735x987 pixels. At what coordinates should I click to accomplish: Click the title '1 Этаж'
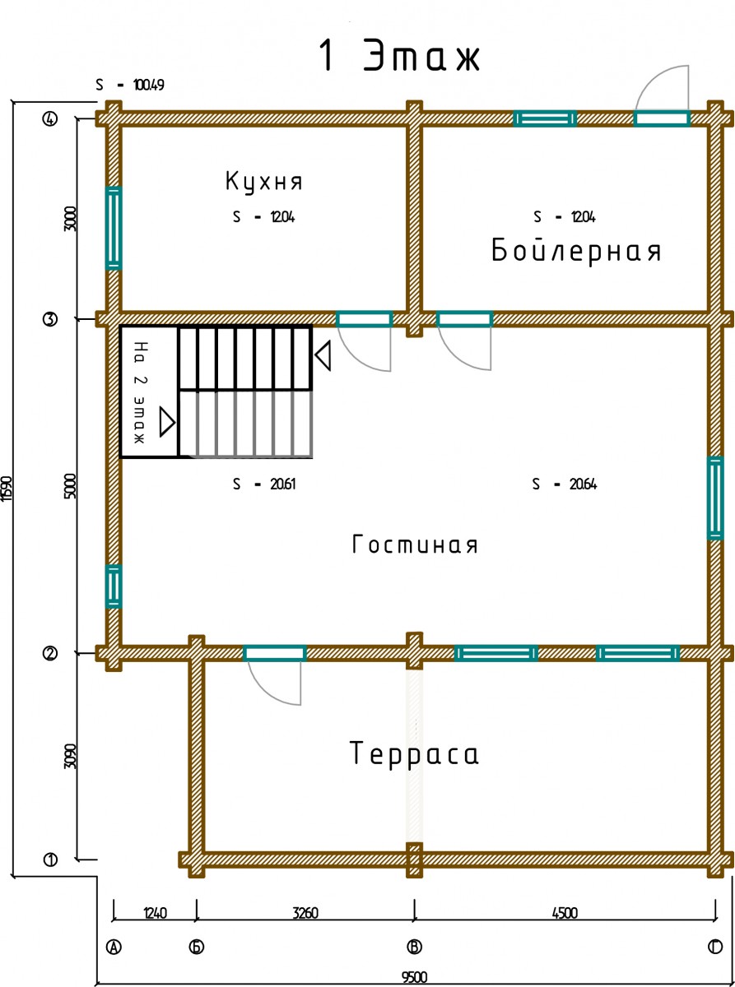(x=399, y=55)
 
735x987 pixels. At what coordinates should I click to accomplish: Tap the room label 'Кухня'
(x=263, y=182)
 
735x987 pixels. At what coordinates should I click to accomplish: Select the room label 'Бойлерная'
(x=576, y=251)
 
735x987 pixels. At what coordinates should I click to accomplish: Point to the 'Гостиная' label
(x=415, y=544)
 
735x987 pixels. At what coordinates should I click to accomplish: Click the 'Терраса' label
(x=414, y=753)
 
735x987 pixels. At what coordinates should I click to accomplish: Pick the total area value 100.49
(x=149, y=85)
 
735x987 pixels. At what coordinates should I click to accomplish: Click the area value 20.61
(x=282, y=484)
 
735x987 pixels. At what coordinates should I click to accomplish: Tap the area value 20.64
(x=583, y=484)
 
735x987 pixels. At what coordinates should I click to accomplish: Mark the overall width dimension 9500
(x=415, y=977)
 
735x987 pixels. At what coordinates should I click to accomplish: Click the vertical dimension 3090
(x=71, y=756)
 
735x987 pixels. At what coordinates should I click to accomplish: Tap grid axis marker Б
(x=197, y=947)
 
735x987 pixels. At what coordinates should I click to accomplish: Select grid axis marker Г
(x=715, y=947)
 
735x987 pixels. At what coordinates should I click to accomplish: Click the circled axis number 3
(x=50, y=319)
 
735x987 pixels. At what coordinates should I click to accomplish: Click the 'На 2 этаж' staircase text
(x=141, y=392)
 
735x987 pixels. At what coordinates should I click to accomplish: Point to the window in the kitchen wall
(x=114, y=228)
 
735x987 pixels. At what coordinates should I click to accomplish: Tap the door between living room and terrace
(x=275, y=653)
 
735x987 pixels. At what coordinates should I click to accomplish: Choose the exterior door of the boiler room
(x=663, y=118)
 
